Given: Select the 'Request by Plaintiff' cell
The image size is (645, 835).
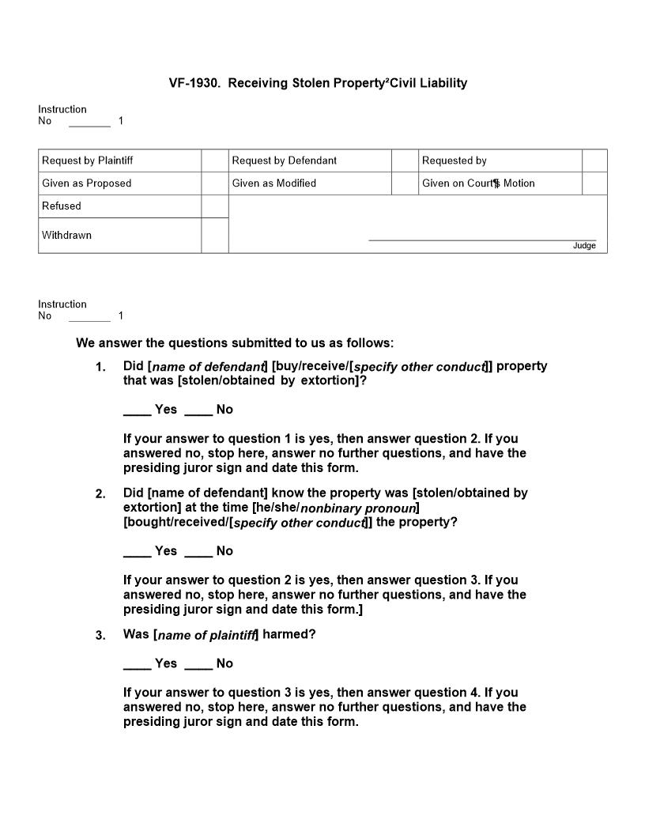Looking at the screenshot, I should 88,161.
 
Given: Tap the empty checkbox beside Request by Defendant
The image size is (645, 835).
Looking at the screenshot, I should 404,161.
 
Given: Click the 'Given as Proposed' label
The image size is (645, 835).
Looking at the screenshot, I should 87,183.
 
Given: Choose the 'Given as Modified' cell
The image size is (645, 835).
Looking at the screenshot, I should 274,183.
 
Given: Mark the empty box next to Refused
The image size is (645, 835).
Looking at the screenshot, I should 214,206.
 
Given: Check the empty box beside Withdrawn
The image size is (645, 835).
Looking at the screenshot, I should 214,236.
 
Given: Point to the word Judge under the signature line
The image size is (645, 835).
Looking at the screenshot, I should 584,246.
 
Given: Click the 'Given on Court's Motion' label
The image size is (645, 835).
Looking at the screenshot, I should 478,183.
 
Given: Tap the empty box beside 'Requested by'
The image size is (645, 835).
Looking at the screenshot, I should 594,161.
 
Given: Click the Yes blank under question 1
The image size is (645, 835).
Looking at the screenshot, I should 137,410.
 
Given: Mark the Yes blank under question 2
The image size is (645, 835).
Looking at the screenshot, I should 137,551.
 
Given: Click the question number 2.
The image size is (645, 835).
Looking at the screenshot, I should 100,494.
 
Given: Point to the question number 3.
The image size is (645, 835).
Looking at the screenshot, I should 100,636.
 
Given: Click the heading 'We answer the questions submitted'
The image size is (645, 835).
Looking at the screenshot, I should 234,343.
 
